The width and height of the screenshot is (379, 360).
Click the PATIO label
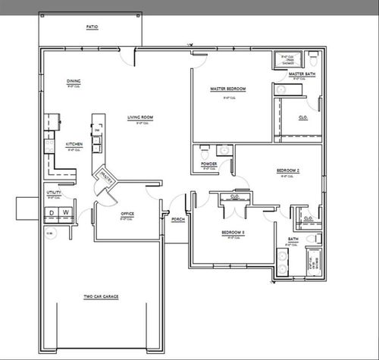click(x=92, y=27)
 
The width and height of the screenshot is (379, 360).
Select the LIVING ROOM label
click(x=140, y=117)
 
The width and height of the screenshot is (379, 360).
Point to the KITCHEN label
click(x=74, y=143)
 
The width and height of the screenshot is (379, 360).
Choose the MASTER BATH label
click(x=301, y=74)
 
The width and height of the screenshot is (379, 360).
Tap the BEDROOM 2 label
click(x=288, y=171)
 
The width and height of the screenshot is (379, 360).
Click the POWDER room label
click(x=209, y=164)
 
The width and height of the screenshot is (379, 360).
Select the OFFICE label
click(x=127, y=214)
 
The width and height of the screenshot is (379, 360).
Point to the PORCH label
click(x=178, y=219)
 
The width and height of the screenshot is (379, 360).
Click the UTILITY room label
click(x=54, y=193)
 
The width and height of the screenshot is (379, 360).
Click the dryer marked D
click(x=53, y=212)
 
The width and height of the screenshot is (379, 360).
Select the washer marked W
click(x=66, y=212)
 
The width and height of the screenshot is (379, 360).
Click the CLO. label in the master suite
click(x=302, y=117)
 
